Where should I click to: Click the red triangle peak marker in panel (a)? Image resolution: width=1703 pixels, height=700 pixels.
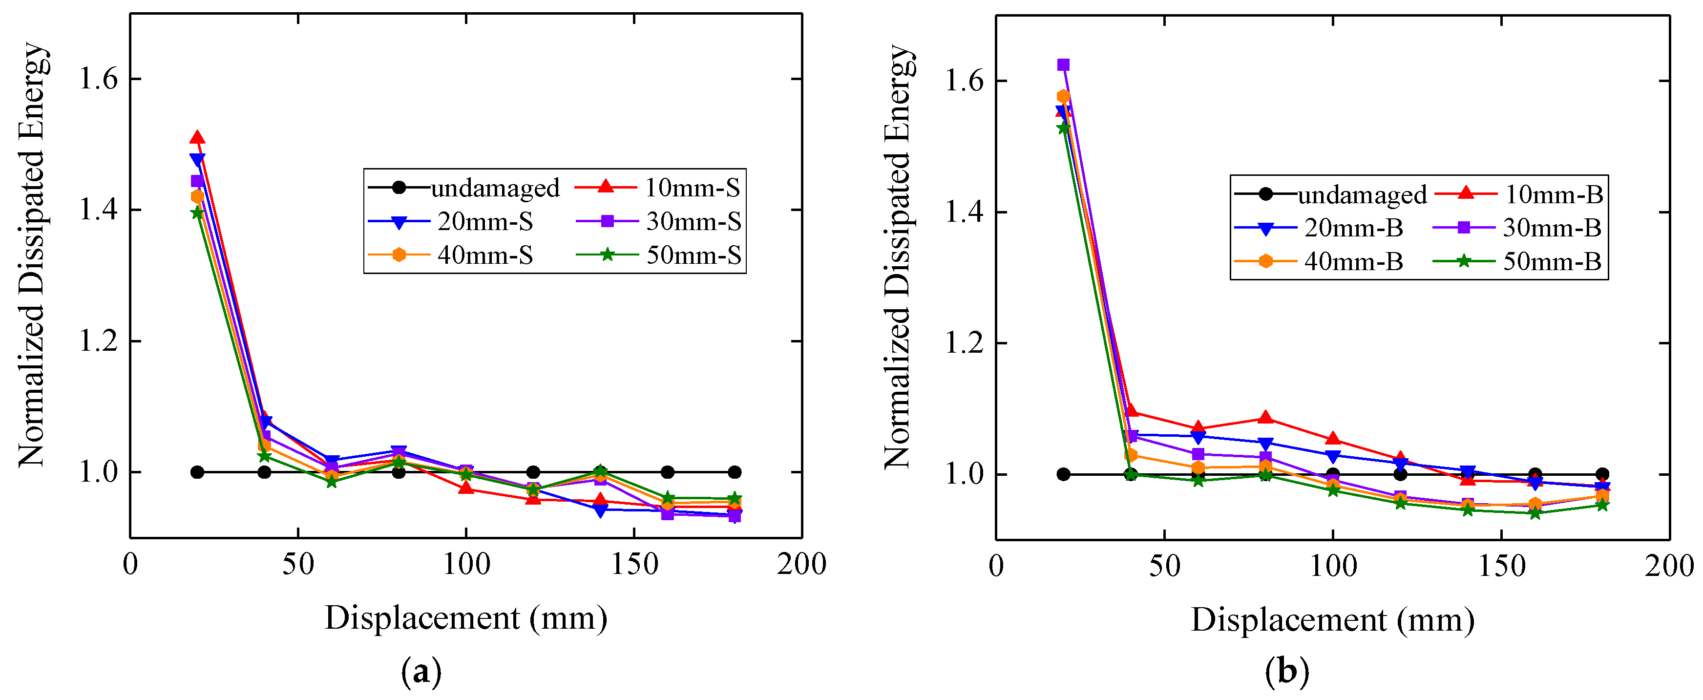[x=197, y=137]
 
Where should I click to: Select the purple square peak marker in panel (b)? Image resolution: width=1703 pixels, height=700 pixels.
[x=1063, y=65]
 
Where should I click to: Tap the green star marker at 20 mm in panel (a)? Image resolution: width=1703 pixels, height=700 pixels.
[x=197, y=213]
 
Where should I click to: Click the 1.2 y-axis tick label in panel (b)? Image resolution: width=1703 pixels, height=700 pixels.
[x=965, y=343]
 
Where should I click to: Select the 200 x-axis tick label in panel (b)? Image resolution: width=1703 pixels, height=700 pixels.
[x=1669, y=566]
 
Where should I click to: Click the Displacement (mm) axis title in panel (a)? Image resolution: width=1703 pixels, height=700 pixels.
[x=465, y=618]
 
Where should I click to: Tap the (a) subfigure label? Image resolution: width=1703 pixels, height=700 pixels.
[x=421, y=672]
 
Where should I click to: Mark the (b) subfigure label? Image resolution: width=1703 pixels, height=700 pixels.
[x=1286, y=672]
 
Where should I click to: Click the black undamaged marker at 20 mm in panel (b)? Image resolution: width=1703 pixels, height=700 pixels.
[x=1063, y=474]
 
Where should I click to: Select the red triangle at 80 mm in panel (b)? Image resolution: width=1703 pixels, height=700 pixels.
[x=1265, y=418]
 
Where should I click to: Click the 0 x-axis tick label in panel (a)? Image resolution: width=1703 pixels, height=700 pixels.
[x=130, y=564]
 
